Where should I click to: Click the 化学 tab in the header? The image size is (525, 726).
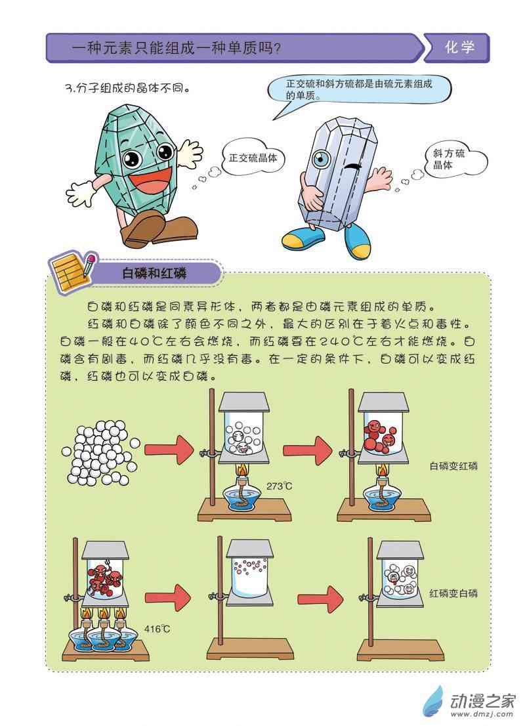pos(457,47)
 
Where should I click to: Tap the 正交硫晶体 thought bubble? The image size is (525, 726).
pos(252,158)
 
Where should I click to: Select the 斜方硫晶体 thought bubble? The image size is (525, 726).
pos(455,159)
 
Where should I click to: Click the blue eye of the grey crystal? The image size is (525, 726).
pos(321,159)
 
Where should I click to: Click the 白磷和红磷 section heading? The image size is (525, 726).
pos(154,273)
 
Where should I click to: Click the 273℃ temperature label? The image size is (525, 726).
pos(279,486)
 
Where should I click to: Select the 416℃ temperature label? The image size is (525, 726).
pos(157,629)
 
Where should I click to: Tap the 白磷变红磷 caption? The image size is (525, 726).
pos(453,466)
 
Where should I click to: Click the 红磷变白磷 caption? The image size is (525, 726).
pos(453,593)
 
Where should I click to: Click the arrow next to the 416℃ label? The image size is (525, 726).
pos(167,598)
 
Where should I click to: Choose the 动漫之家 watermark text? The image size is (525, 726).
pos(482,701)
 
